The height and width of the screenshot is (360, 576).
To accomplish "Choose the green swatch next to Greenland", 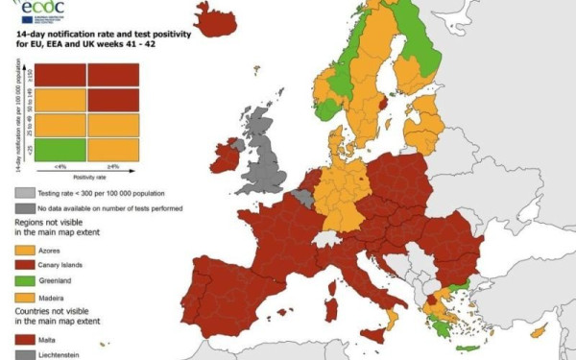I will pos(23,281).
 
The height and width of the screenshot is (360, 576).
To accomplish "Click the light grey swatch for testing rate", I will pos(23,192).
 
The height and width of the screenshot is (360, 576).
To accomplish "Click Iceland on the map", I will pos(215,18).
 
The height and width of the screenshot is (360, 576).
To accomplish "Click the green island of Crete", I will pos(467,348).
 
